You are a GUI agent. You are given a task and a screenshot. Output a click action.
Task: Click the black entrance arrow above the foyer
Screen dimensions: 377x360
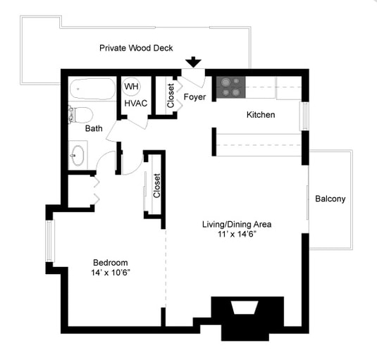tap(193, 62)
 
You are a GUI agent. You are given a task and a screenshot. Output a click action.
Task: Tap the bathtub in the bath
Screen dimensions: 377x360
tap(92, 89)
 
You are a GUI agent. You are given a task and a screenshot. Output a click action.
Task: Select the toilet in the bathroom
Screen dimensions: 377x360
tap(80, 115)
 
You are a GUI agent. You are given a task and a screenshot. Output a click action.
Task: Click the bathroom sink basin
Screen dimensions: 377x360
tap(78, 156)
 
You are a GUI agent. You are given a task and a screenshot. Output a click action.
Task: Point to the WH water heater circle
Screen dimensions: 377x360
tap(131, 86)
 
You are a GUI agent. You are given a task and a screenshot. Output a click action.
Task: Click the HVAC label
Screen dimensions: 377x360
tap(136, 104)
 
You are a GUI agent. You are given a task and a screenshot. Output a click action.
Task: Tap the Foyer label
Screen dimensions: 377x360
tap(194, 97)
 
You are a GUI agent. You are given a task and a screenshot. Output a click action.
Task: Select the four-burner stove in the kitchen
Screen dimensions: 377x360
tap(231, 87)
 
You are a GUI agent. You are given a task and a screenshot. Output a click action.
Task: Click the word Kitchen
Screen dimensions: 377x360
tap(261, 115)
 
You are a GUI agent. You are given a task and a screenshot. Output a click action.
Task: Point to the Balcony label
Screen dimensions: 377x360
tap(330, 199)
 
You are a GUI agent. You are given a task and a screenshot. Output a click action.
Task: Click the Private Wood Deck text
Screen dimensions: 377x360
tap(136, 48)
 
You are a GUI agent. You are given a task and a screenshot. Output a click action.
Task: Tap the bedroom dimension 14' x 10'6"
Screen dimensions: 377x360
tap(111, 273)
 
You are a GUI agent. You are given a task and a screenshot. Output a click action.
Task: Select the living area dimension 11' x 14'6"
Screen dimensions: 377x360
tap(237, 234)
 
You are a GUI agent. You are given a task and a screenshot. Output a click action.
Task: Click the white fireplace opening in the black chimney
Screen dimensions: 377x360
tap(245, 307)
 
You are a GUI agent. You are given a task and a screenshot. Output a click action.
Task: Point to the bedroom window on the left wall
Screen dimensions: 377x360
tap(49, 241)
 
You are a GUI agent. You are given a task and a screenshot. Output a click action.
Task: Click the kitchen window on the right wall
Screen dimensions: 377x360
tap(305, 116)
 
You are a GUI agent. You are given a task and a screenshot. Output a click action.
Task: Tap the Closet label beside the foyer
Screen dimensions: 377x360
tap(171, 96)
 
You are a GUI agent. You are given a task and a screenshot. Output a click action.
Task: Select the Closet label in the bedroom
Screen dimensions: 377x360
tap(156, 186)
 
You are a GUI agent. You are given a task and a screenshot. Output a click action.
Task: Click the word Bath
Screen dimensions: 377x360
tap(94, 128)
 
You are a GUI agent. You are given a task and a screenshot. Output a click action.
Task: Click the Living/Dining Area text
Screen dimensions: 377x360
tap(237, 224)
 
